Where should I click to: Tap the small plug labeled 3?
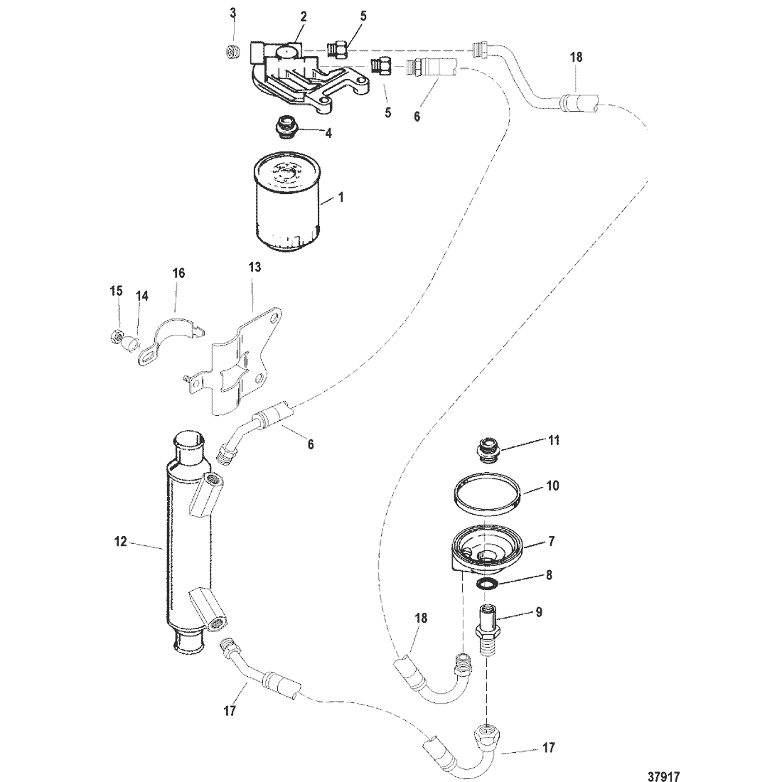point(232,51)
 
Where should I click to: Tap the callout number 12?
point(121,541)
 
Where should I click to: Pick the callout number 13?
point(255,267)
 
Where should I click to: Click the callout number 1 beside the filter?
point(341,198)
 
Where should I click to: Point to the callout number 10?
point(552,486)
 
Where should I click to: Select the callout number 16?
point(178,273)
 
